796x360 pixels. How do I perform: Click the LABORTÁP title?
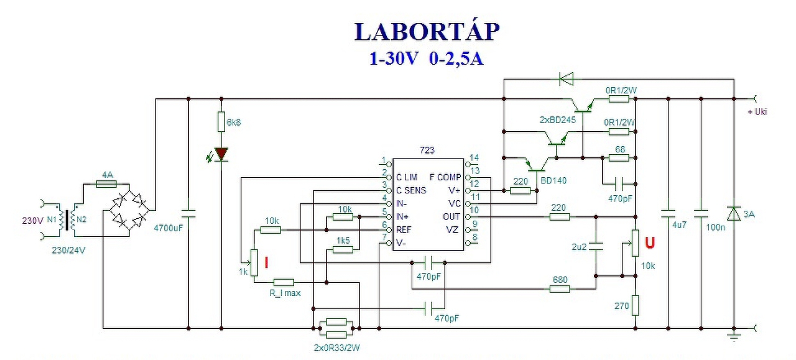point(427,31)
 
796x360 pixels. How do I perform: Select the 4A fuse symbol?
point(106,184)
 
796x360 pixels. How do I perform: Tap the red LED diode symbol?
point(221,154)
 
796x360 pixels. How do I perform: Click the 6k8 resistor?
point(221,121)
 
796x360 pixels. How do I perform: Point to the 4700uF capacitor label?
point(169,228)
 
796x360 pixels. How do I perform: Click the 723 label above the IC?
point(427,150)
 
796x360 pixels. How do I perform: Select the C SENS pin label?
point(411,190)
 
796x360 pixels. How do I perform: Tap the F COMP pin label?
point(445,177)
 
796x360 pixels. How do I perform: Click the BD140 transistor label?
point(553,180)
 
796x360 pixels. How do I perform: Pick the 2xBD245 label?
point(558,120)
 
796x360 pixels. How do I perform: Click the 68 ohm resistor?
point(619,158)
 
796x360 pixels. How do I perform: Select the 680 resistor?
point(560,289)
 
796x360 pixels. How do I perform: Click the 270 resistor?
point(636,306)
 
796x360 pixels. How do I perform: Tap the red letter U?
point(650,243)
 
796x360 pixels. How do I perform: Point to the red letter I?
point(266,263)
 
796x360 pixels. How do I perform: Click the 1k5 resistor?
point(343,250)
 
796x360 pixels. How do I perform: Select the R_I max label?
point(285,293)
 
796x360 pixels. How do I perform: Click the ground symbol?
point(734,336)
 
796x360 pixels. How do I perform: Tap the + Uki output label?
point(757,111)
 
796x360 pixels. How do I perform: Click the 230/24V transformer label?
point(68,250)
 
